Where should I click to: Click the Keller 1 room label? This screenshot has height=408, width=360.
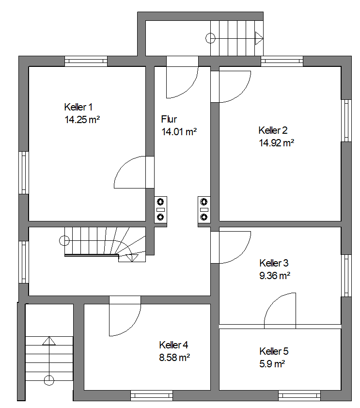click(78, 107)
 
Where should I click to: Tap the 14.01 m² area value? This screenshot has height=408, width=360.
click(179, 131)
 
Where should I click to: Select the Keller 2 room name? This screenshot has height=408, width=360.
click(273, 130)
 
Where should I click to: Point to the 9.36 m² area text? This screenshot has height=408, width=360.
click(275, 275)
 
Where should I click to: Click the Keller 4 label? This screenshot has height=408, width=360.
click(173, 345)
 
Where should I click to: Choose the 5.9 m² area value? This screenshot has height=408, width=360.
click(271, 363)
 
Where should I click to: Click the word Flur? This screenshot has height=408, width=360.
click(169, 119)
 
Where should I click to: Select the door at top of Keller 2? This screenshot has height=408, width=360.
click(234, 86)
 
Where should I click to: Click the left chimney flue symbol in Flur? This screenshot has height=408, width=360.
click(160, 210)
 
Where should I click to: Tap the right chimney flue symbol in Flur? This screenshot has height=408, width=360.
click(204, 210)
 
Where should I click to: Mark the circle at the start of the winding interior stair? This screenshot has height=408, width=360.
click(64, 240)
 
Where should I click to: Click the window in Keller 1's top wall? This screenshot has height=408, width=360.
click(86, 61)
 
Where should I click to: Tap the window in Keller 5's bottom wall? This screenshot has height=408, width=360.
click(299, 396)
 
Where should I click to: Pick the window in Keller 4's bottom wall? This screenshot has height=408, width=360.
click(151, 396)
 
